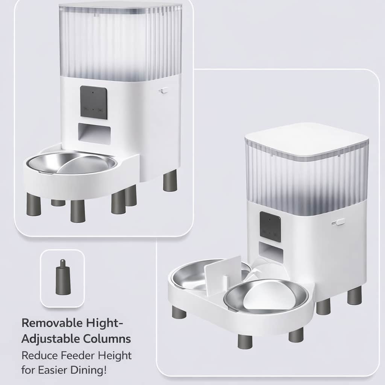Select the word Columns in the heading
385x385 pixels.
[x=107, y=339]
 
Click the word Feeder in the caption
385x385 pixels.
[x=78, y=355]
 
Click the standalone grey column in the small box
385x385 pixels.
[x=63, y=277]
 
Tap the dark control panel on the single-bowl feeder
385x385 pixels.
[x=94, y=102]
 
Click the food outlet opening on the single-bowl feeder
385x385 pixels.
[x=94, y=134]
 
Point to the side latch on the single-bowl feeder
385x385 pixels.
[x=164, y=91]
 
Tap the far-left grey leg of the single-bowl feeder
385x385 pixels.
[x=33, y=204]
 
